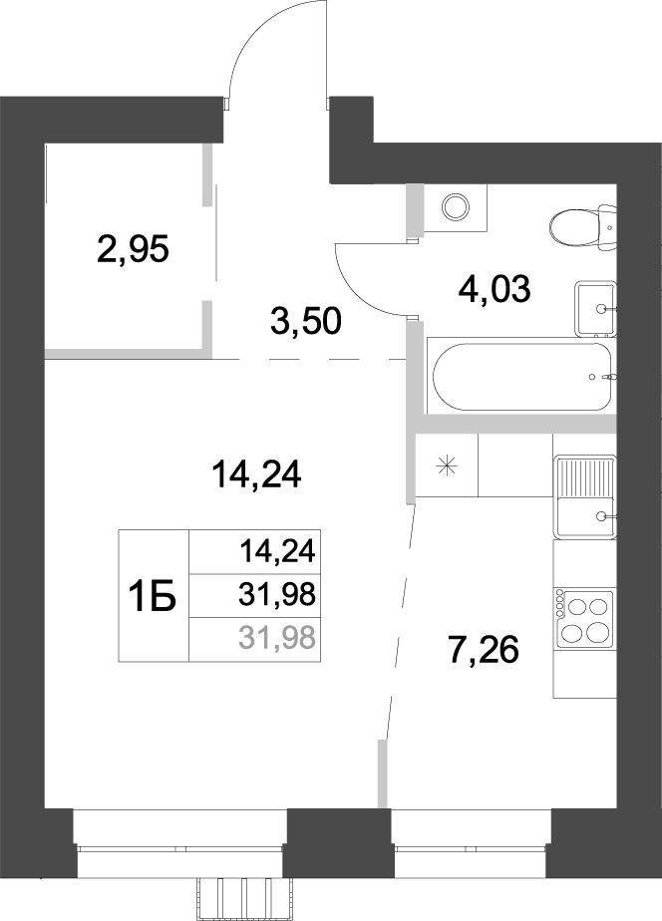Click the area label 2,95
(x=134, y=247)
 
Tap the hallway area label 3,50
(x=306, y=321)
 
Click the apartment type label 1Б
(x=153, y=597)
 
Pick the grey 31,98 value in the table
(x=276, y=636)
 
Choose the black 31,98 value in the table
(x=276, y=595)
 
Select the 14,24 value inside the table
(x=276, y=549)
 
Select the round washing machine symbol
(x=456, y=207)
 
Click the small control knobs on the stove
(x=560, y=616)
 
